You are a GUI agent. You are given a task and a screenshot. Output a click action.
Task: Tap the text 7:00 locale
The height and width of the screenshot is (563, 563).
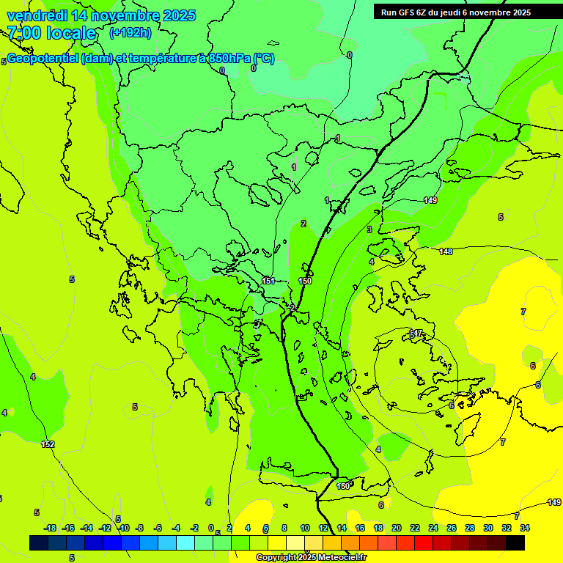click(x=51, y=33)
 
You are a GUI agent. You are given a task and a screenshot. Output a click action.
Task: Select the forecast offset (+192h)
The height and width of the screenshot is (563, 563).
click(x=130, y=32)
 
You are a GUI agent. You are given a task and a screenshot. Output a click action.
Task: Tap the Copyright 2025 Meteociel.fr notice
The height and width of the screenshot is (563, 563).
click(x=312, y=558)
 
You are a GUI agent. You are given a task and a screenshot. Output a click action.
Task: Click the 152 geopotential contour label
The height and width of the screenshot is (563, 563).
click(x=48, y=445)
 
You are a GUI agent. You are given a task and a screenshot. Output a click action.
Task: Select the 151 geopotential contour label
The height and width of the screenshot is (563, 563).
click(x=268, y=281)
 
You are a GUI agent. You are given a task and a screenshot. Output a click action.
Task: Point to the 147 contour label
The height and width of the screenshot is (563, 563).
click(x=416, y=334)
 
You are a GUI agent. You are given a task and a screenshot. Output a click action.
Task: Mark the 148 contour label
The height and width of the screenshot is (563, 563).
click(x=446, y=252)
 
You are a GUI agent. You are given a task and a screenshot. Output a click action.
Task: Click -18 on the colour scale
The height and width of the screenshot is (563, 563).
click(x=50, y=528)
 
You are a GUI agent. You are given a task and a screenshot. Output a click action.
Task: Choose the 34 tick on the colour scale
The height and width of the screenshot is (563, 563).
click(x=525, y=528)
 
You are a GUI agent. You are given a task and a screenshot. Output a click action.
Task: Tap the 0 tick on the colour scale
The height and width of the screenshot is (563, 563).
click(x=211, y=528)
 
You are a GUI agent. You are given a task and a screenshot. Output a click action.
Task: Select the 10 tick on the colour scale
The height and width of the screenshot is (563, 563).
click(x=305, y=528)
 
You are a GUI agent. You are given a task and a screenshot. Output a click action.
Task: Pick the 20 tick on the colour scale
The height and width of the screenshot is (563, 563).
click(x=397, y=528)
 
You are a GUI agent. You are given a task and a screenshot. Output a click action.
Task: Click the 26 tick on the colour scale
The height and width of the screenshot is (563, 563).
click(x=452, y=528)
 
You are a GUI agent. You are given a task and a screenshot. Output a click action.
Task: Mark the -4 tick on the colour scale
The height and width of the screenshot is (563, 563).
click(x=176, y=528)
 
